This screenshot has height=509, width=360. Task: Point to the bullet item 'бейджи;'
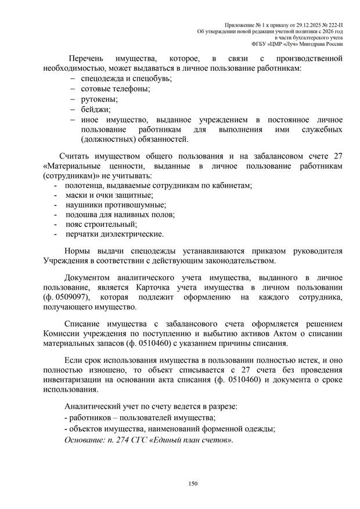[95, 109]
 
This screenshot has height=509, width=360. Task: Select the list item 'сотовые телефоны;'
[116, 89]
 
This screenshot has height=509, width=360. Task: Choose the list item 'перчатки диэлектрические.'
[115, 234]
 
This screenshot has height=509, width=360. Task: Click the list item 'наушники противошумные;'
[116, 204]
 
